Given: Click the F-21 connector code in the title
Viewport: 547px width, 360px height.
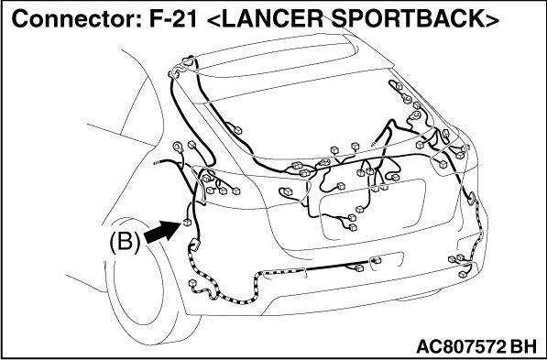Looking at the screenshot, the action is point(172,19).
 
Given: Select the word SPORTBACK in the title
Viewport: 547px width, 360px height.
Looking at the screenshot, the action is point(406,19).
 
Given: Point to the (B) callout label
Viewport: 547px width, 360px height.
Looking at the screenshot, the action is point(125,242).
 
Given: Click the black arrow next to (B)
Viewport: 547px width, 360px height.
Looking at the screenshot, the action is point(161,232).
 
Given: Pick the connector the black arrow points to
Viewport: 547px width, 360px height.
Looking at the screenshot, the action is point(187,223).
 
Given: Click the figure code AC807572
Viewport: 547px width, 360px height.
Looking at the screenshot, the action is point(461,346).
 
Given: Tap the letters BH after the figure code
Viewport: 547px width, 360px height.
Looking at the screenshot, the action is point(523,346).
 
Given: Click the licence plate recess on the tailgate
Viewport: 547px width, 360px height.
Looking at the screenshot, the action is point(373,209).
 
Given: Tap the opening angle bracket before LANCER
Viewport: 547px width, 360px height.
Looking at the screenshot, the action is point(213,20).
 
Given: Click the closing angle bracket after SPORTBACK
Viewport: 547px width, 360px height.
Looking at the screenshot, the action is point(491,20).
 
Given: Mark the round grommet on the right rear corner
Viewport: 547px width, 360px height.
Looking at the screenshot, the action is point(472,198).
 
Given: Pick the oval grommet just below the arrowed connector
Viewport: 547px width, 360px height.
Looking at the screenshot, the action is point(194,245).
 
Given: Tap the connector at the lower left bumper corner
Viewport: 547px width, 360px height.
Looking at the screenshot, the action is point(191,283).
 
